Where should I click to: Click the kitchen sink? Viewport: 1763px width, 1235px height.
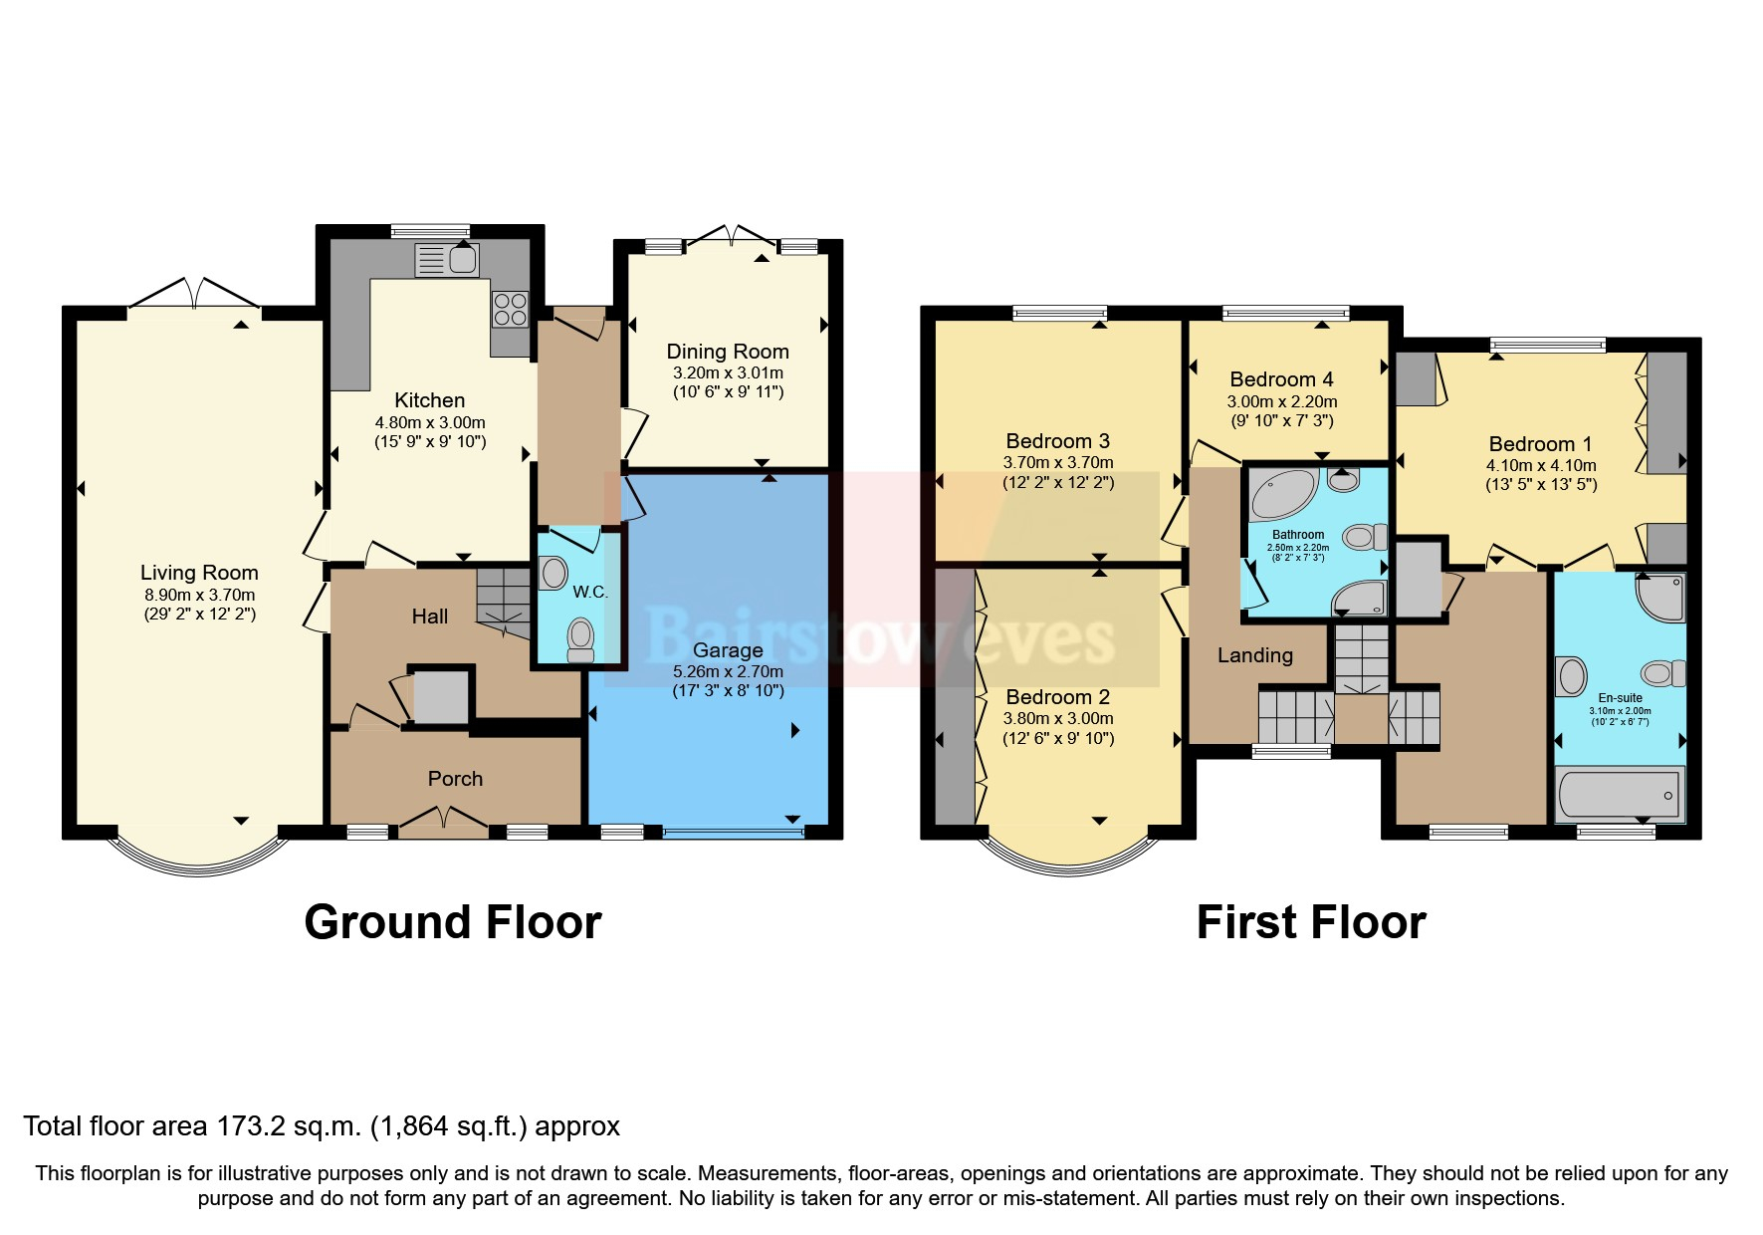pyautogui.click(x=447, y=261)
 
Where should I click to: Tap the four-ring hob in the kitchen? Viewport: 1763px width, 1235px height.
pyautogui.click(x=511, y=309)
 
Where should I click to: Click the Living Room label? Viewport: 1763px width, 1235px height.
pyautogui.click(x=199, y=573)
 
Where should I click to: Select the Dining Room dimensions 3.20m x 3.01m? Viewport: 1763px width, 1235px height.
pyautogui.click(x=728, y=372)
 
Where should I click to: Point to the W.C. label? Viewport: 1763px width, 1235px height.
pyautogui.click(x=590, y=592)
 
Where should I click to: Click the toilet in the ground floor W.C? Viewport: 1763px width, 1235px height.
pyautogui.click(x=579, y=638)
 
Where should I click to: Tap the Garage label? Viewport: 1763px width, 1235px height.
pyautogui.click(x=728, y=650)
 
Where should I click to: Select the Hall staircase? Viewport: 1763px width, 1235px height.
pyautogui.click(x=503, y=598)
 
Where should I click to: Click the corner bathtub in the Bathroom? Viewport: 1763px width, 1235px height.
pyautogui.click(x=1282, y=495)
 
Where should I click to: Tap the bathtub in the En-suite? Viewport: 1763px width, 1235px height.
pyautogui.click(x=1619, y=794)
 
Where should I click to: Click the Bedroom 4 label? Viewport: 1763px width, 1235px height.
pyautogui.click(x=1281, y=379)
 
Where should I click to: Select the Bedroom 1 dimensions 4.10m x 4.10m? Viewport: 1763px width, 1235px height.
pyautogui.click(x=1541, y=465)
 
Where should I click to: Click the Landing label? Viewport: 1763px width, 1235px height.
pyautogui.click(x=1254, y=655)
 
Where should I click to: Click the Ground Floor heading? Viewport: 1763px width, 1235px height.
pyautogui.click(x=452, y=922)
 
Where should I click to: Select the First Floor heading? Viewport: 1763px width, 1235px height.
pyautogui.click(x=1310, y=922)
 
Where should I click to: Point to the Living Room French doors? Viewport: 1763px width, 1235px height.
pyautogui.click(x=195, y=296)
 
